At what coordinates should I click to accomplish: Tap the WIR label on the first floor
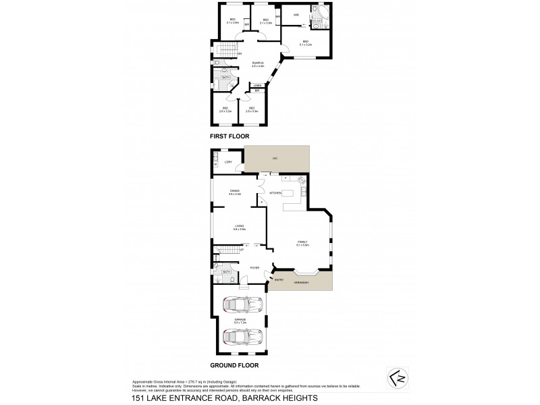pos(296,15)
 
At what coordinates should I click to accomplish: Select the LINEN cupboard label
pos(257,85)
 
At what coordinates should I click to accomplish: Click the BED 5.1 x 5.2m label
pos(305,43)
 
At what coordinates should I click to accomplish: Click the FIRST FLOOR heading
pos(230,136)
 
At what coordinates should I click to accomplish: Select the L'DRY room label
pos(228,163)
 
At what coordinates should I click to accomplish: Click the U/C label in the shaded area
pos(275,158)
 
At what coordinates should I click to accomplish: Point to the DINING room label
pos(235,192)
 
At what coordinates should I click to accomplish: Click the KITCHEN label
pos(275,193)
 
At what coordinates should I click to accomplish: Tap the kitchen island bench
pos(291,194)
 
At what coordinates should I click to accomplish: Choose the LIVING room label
pos(239,227)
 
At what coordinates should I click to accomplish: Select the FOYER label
pos(254,268)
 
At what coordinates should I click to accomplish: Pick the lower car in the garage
pos(238,335)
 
